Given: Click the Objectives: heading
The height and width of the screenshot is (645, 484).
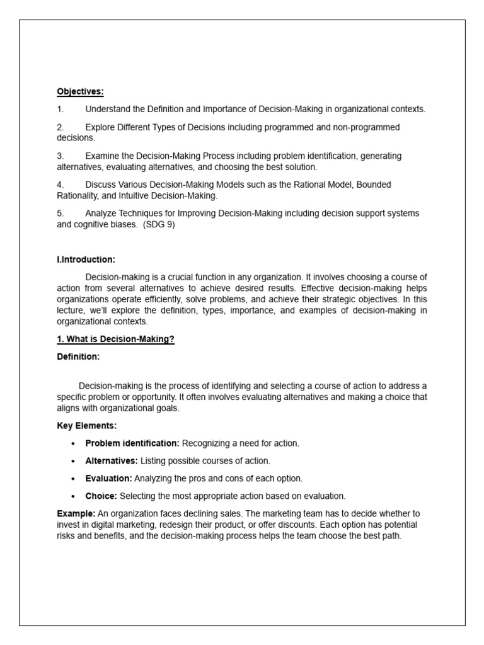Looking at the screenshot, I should [80, 91].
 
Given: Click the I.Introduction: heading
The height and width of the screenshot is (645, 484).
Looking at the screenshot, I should [86, 259].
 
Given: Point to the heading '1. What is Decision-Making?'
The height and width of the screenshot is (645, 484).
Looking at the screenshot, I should [115, 340].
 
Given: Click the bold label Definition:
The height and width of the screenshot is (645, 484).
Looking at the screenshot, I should [78, 357].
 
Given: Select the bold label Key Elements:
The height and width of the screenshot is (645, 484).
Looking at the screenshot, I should [87, 426].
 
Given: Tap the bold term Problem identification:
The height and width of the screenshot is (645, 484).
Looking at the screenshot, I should [132, 443].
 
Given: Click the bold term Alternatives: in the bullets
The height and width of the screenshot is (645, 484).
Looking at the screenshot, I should [112, 460].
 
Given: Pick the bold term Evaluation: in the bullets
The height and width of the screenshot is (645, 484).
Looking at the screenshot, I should [109, 478].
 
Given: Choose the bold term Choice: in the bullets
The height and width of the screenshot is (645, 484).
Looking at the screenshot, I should [101, 496].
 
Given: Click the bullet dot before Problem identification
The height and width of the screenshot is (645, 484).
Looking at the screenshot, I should [74, 444].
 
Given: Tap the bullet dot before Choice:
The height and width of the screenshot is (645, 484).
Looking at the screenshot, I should [74, 496].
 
